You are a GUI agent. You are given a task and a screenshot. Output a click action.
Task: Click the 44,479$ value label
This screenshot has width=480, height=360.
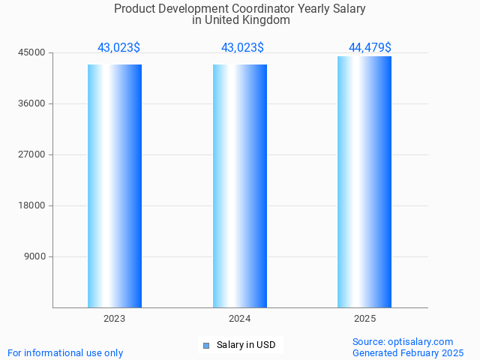370,48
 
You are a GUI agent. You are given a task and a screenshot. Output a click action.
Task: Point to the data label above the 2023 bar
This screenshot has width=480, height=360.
118,48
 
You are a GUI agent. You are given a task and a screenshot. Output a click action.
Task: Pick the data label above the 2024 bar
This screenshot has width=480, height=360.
242,48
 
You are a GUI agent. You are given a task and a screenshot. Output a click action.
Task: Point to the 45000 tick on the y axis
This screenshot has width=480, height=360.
32,52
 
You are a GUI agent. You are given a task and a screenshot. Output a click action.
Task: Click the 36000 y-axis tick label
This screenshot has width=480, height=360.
32,103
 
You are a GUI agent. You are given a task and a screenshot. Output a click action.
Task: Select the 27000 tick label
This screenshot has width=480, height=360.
32,154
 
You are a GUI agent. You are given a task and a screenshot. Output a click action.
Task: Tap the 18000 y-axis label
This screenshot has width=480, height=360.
32,205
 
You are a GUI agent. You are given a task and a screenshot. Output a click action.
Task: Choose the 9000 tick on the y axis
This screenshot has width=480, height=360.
34,256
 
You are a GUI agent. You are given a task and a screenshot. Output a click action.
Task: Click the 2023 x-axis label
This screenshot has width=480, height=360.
115,319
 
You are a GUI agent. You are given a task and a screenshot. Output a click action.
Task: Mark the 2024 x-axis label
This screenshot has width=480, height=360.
240,319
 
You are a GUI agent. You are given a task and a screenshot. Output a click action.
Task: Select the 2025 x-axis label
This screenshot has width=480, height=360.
364,319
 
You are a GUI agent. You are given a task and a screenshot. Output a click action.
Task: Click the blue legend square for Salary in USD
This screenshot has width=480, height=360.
206,346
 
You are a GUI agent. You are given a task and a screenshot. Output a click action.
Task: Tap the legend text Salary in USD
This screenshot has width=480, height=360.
246,345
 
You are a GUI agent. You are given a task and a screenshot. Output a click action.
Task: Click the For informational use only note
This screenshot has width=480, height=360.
65,352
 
